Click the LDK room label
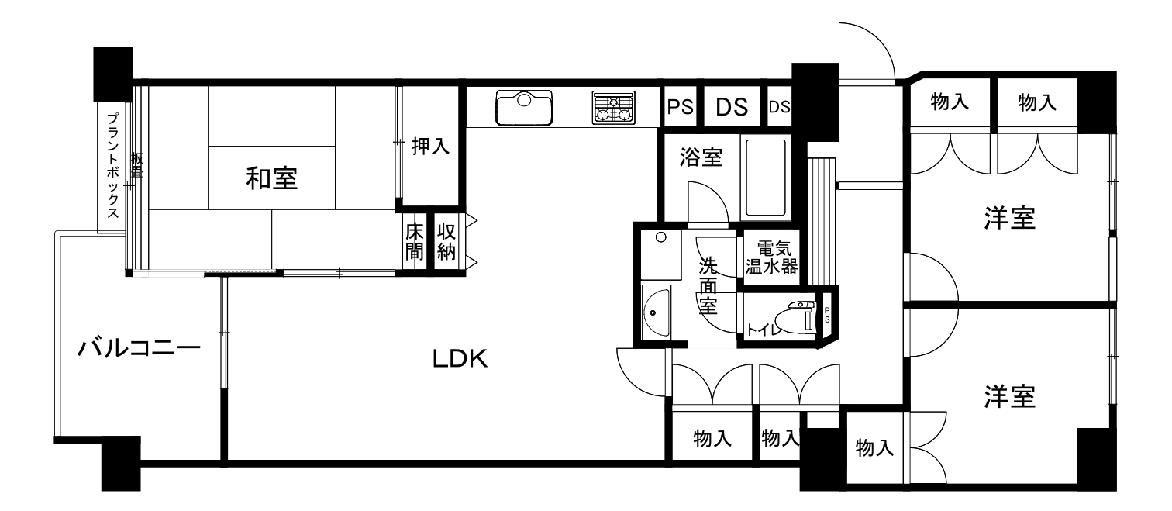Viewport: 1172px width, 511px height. pos(460,359)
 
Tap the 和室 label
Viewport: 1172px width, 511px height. pos(272,178)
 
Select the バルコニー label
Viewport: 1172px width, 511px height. pos(140,347)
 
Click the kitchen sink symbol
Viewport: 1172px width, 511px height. pos(524,108)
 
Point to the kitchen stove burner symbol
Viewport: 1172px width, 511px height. pos(614,108)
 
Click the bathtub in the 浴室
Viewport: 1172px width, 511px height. pos(766,177)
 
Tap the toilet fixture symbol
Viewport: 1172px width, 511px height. pos(796,318)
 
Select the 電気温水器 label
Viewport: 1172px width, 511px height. pos(771,257)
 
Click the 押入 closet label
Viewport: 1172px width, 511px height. pos(430,146)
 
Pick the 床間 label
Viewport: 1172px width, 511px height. pos(415,242)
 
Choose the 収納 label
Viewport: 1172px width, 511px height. pos(446,242)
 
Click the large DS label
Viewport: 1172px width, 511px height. pos(732,107)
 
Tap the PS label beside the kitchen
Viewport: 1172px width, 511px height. pos(681,107)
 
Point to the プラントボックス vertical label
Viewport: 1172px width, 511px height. pos(112,165)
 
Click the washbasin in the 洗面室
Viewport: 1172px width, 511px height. pos(656,312)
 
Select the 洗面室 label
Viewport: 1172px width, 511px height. pos(708,286)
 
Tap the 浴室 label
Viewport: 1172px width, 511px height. pos(701,157)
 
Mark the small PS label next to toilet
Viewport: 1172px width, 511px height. pos(827,315)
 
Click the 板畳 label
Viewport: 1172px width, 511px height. pos(136,165)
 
